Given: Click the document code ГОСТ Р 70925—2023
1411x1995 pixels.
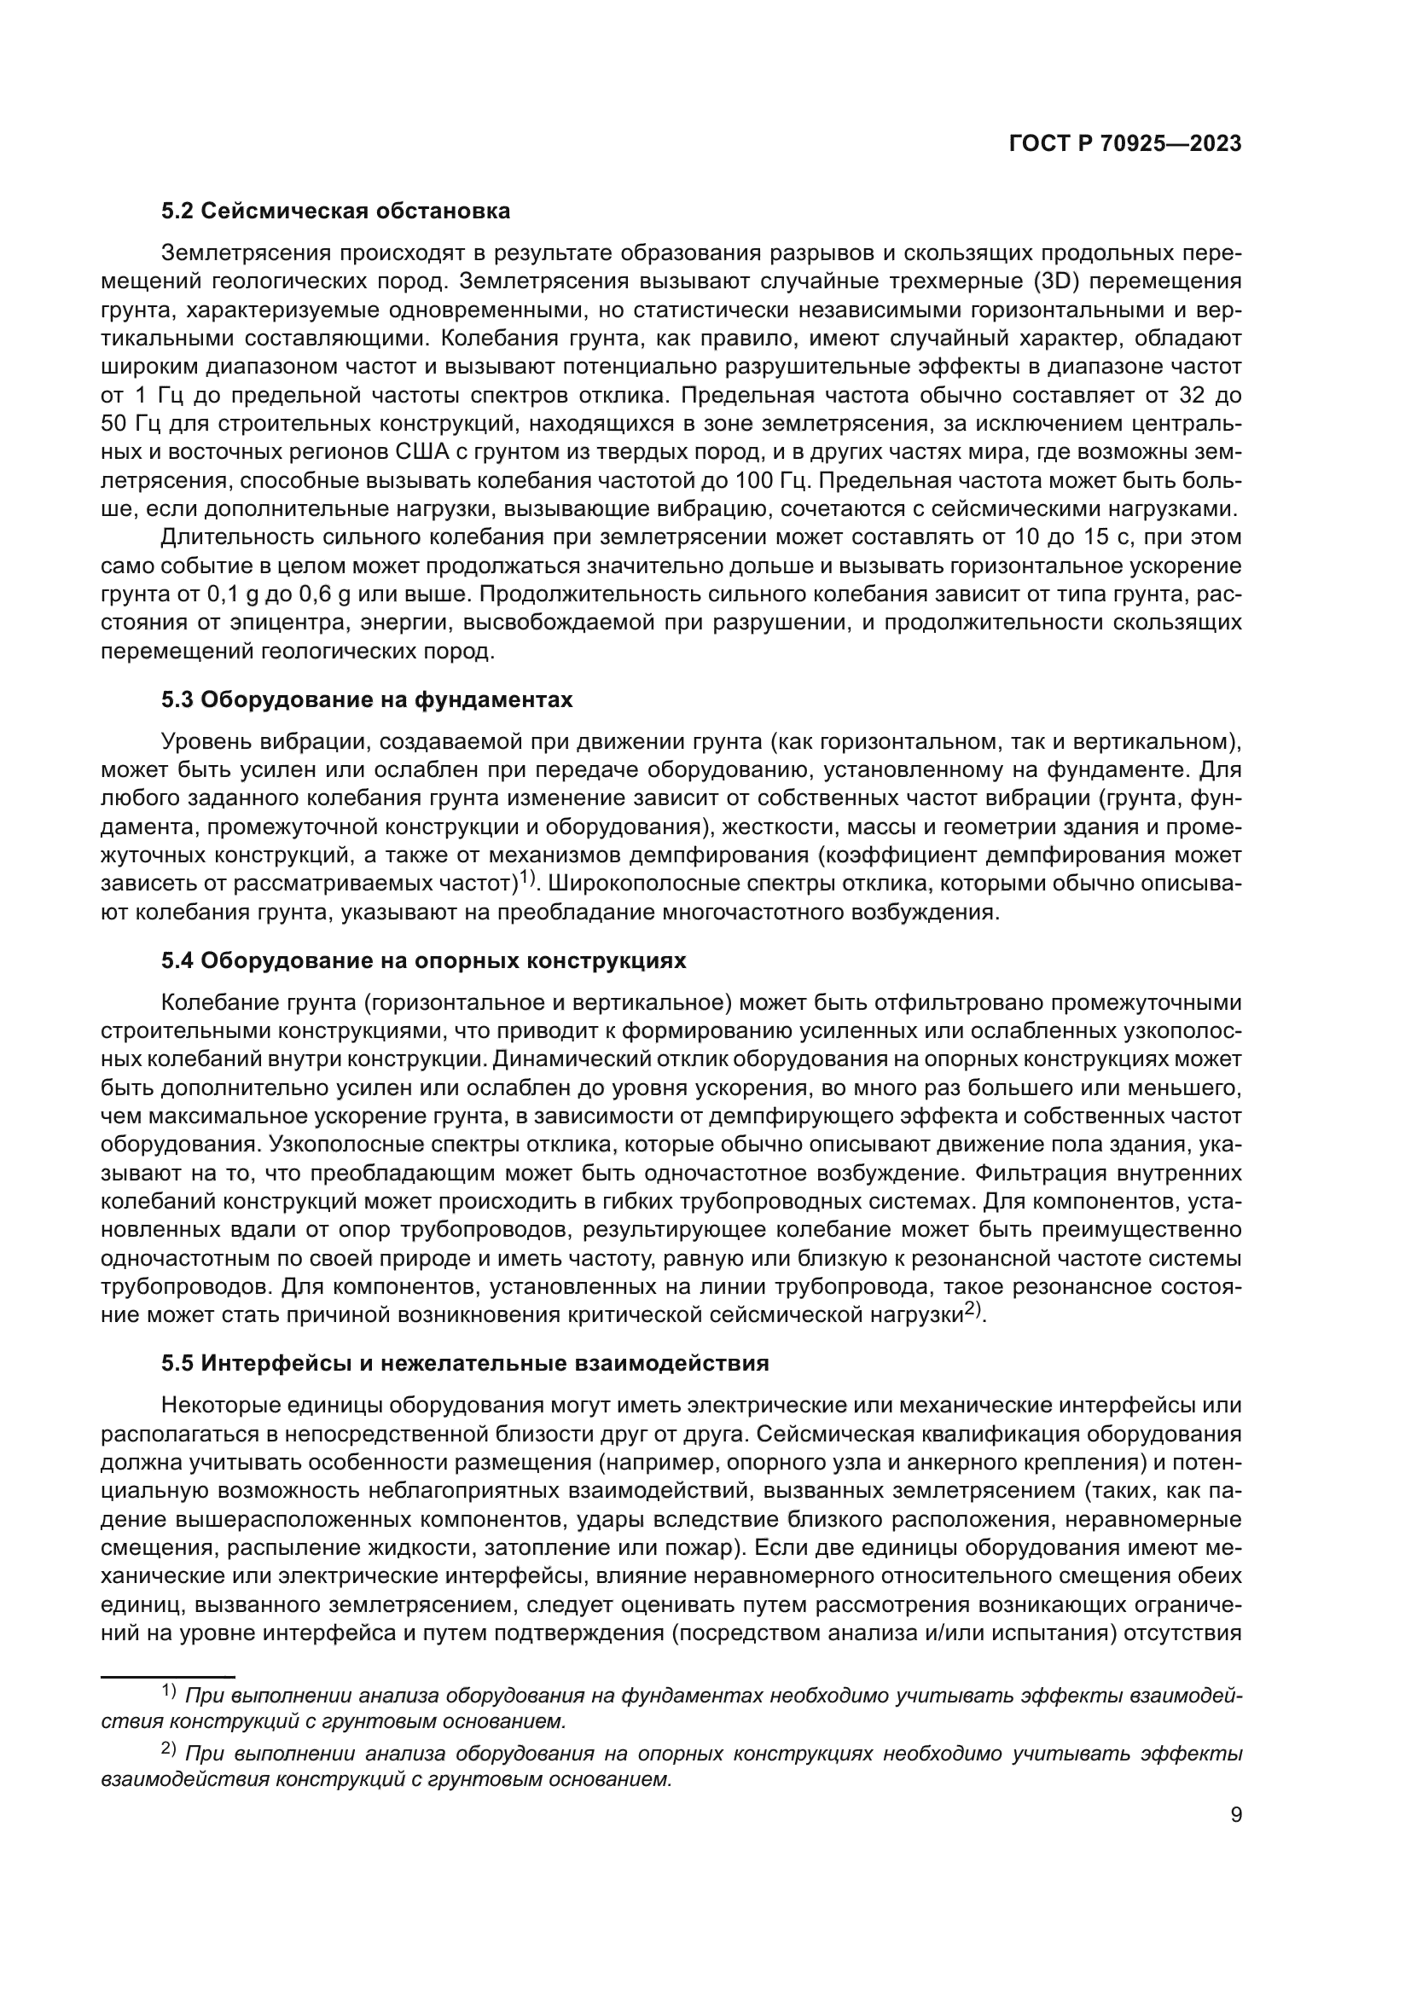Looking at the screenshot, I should (1124, 144).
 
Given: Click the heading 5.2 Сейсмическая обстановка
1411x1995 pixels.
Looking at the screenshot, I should (335, 212).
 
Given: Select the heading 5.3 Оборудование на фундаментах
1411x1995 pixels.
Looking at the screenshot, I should (367, 699).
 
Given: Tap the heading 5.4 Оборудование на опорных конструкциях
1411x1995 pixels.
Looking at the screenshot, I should (423, 960).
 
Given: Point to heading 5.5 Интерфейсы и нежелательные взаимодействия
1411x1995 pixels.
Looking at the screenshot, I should (465, 1363).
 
